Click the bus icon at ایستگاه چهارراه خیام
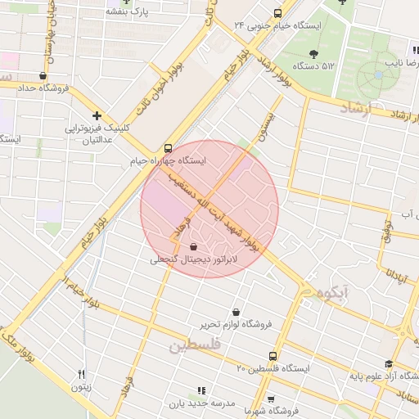168,149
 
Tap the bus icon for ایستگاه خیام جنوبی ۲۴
277,13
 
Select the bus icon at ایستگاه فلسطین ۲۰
273,356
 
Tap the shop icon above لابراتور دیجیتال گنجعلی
192,246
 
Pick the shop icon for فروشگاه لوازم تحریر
237,312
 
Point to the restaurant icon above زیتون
81,375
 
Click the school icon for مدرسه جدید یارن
202,391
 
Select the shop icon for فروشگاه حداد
43,76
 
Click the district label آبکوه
326,291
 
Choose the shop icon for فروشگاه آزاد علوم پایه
389,364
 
